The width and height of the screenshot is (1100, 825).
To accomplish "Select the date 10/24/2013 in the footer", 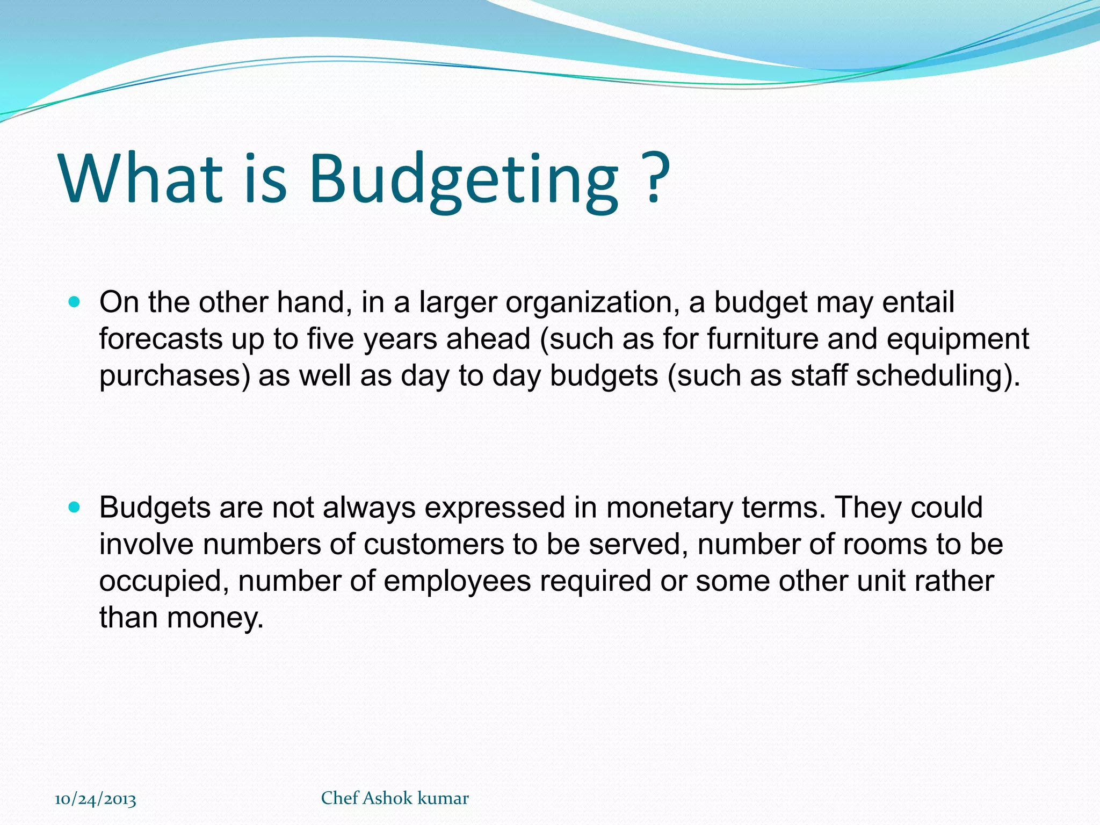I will (x=96, y=799).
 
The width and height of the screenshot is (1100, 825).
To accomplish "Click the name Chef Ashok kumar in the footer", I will (x=395, y=798).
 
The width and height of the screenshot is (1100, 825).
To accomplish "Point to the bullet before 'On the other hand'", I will (x=75, y=302).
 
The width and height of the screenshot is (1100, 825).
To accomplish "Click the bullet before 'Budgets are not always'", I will (x=75, y=507).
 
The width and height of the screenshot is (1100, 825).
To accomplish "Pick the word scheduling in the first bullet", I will (x=932, y=375).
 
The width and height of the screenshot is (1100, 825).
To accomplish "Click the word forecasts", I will (x=161, y=339).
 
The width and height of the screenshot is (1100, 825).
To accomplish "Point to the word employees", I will (x=457, y=582).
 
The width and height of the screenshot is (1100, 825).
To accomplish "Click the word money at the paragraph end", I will (x=215, y=618).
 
